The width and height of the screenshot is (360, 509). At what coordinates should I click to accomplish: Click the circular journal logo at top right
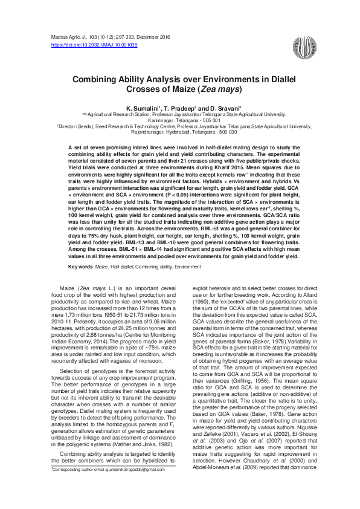coord(303,45)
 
